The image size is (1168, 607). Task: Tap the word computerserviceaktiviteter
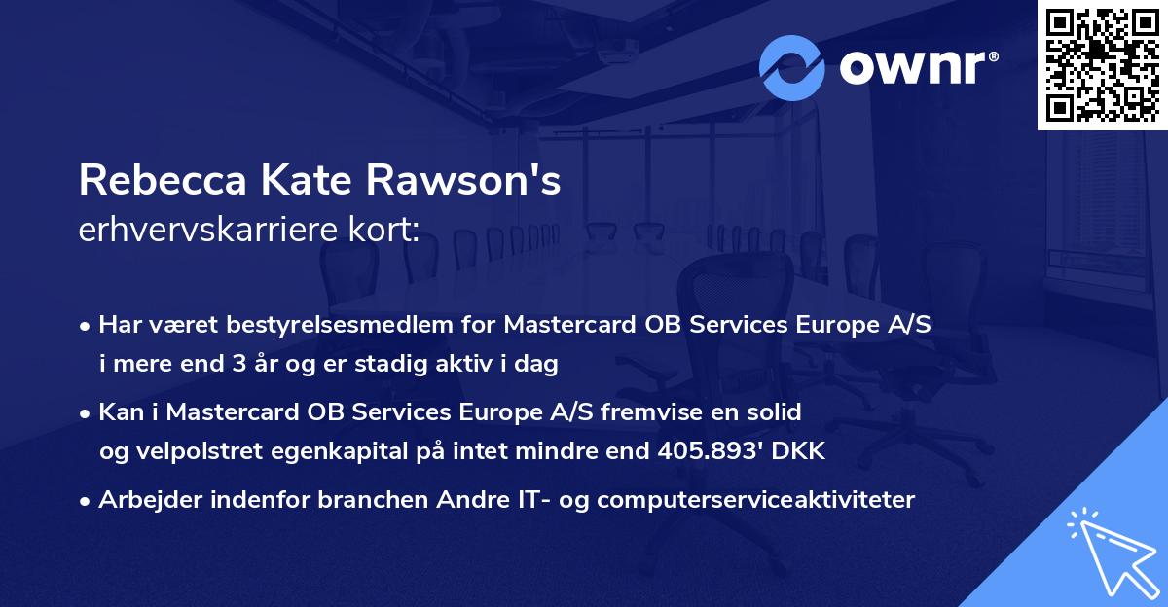tap(755, 500)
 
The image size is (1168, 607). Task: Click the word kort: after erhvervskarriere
tap(388, 231)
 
